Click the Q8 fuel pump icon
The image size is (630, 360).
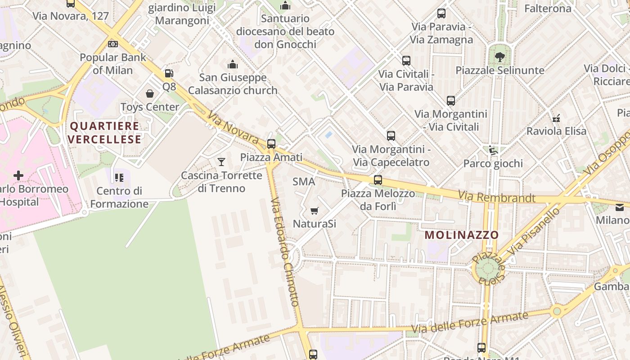[169, 73]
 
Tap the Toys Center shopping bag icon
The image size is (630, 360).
[150, 94]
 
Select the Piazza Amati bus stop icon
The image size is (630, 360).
[271, 144]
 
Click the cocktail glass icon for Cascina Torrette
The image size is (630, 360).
[221, 162]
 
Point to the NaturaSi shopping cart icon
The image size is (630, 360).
[315, 211]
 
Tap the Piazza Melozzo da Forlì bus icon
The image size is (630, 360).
[378, 180]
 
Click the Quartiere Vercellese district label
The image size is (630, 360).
[105, 133]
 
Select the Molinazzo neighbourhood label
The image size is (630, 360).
[462, 235]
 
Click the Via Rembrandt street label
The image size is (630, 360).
[497, 197]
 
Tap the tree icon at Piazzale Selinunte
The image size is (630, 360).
[499, 57]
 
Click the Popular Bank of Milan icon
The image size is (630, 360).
[113, 44]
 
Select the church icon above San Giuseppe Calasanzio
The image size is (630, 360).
[233, 64]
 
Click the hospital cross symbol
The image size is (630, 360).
[18, 175]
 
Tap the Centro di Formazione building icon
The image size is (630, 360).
[119, 178]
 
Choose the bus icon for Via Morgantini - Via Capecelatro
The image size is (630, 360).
[391, 135]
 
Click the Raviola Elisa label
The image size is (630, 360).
[556, 131]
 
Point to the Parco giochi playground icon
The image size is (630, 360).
[494, 150]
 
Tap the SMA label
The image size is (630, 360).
[304, 182]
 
